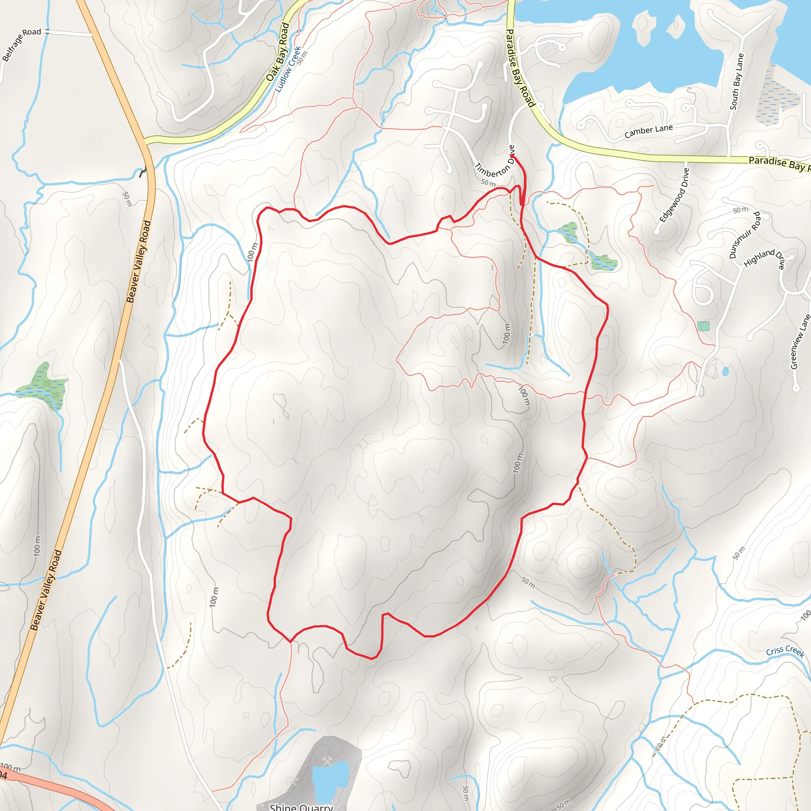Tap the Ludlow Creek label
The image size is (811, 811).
coord(288,69)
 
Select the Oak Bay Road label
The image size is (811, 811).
coord(278,52)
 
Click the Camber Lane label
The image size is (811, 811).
coord(649,131)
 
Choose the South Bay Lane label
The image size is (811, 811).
coord(737,82)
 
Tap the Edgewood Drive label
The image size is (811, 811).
coord(674,195)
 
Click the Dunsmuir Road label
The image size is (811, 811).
coord(745,235)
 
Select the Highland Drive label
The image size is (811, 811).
coord(764,259)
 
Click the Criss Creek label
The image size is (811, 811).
coord(785,651)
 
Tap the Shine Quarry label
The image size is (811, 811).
coord(301,806)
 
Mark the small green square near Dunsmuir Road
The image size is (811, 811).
coord(704,326)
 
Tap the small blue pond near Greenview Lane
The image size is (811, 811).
coord(726,371)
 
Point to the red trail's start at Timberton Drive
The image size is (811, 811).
coord(513,156)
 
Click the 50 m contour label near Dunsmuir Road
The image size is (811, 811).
coord(740,210)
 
